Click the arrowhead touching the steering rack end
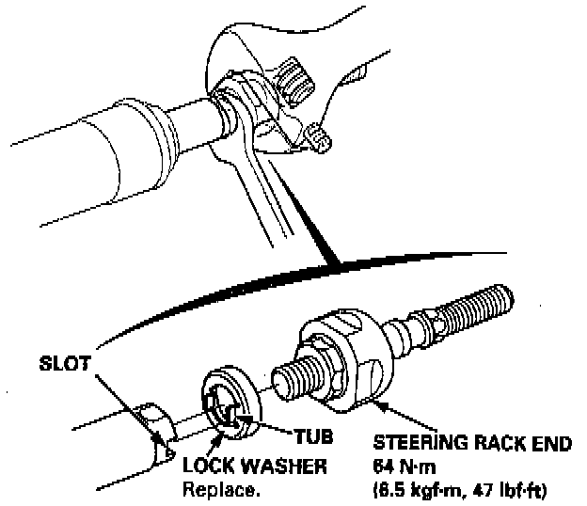pos(377,403)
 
